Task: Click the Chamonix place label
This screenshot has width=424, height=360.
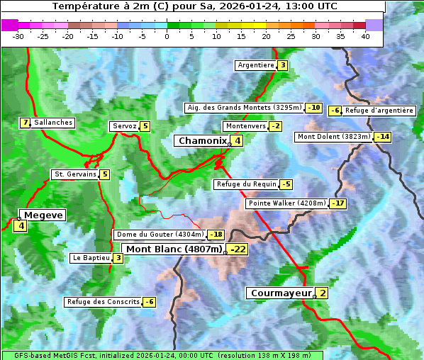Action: coord(201,141)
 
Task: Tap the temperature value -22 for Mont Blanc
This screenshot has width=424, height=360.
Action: coord(238,249)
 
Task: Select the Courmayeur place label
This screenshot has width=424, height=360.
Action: coord(281,293)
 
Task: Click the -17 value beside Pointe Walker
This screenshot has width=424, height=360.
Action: coord(338,203)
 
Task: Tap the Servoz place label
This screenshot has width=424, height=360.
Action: coord(124,126)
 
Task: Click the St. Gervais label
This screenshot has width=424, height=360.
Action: coord(74,174)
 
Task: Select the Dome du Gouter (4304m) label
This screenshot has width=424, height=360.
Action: coord(160,235)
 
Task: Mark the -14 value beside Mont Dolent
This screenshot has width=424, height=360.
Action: coord(383,137)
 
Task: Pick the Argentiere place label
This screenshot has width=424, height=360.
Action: coord(255,65)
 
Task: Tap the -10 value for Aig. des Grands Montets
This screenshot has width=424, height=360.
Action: coord(313,108)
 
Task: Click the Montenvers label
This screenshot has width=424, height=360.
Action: coord(245,126)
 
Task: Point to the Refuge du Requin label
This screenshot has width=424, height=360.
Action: coord(246,184)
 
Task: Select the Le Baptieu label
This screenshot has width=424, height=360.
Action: coord(91,258)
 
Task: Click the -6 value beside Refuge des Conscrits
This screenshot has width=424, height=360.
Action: coord(149,302)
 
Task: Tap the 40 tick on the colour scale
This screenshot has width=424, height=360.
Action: coord(365,36)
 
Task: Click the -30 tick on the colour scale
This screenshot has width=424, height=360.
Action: coord(18,36)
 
